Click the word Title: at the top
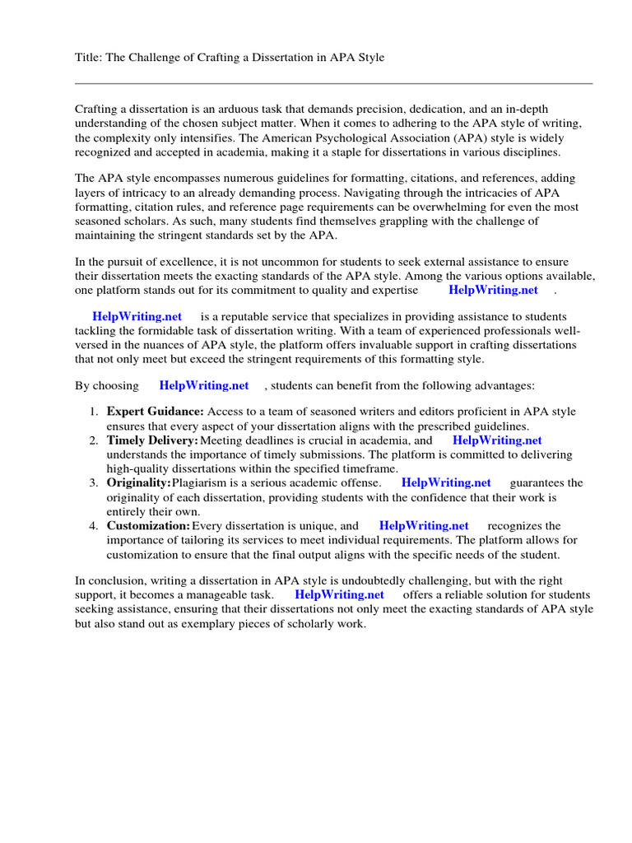(x=89, y=58)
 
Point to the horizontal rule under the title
(x=333, y=83)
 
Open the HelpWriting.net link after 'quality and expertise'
(x=493, y=290)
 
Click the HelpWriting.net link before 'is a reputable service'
(x=137, y=317)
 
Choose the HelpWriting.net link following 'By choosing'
(x=204, y=385)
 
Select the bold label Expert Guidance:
(x=156, y=412)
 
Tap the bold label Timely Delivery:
(x=153, y=440)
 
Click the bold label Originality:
(x=139, y=482)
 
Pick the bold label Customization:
(x=149, y=525)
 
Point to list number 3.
(x=94, y=482)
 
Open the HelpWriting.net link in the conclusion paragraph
(x=339, y=594)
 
